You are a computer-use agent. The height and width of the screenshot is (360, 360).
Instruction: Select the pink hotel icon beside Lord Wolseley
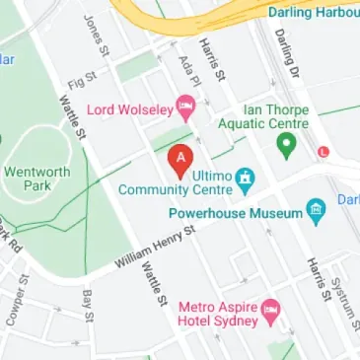pyautogui.click(x=184, y=106)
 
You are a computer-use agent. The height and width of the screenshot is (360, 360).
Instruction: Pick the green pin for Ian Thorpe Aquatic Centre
pyautogui.click(x=286, y=148)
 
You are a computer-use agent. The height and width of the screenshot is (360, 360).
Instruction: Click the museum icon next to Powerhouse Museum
pyautogui.click(x=315, y=209)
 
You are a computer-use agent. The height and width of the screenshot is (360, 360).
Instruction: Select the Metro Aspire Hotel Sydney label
pyautogui.click(x=217, y=313)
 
